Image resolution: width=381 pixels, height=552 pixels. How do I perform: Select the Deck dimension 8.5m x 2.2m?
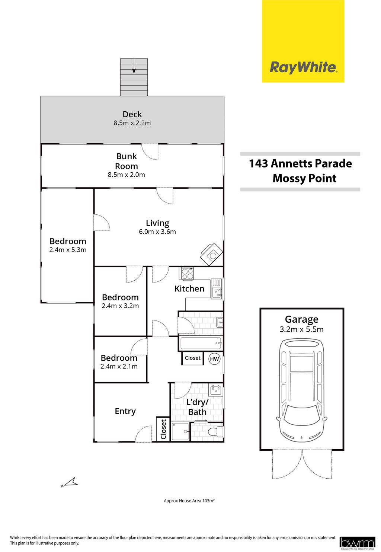(132, 123)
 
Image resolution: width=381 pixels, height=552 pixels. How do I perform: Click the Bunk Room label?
(127, 161)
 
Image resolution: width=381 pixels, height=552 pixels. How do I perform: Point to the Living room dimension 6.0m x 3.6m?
(157, 232)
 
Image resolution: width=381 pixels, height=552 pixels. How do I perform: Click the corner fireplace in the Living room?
(212, 254)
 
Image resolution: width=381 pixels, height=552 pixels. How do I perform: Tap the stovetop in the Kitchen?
(188, 274)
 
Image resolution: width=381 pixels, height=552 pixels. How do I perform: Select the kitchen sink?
(217, 289)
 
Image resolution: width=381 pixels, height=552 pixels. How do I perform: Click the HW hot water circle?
(214, 359)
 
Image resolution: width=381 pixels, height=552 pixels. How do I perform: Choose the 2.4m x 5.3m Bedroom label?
(68, 245)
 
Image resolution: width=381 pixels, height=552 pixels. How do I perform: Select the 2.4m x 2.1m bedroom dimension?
(119, 366)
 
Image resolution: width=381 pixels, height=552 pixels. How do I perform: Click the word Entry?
(125, 411)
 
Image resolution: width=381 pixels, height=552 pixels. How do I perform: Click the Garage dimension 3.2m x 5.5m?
(301, 329)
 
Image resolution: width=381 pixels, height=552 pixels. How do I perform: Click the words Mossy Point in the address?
(304, 178)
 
